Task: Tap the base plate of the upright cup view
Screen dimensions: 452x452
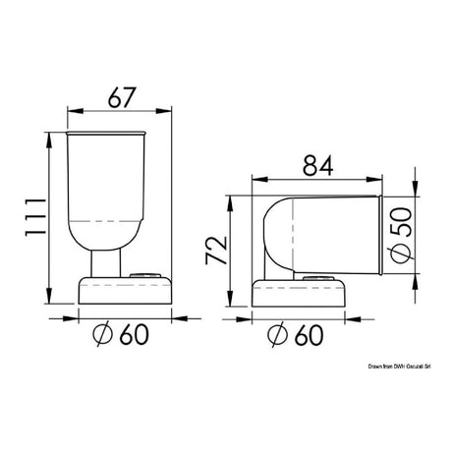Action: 124,294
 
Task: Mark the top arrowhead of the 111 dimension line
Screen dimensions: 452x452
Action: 48,134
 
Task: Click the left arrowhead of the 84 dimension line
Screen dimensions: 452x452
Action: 256,180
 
